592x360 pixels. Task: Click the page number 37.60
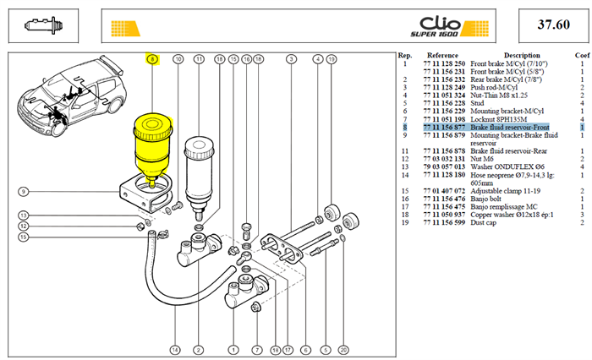coord(553,25)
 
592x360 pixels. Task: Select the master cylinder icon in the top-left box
coord(43,25)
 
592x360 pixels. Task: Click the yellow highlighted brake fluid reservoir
coord(152,150)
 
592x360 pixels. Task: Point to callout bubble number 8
coord(152,59)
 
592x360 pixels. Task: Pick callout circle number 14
coord(175,350)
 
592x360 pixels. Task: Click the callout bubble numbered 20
coord(343,350)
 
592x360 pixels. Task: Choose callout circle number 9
coord(24,192)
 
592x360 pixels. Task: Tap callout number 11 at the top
coord(199,59)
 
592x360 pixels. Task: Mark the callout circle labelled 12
coord(24,226)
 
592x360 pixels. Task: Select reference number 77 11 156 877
coord(444,127)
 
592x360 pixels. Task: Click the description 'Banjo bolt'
coord(485,199)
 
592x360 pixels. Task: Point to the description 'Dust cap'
coord(483,222)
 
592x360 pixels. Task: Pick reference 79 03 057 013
coord(444,166)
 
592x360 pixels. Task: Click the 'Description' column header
coord(522,55)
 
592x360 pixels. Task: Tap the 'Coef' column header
coord(582,55)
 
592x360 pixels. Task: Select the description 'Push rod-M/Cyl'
coord(494,88)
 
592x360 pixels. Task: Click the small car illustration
coord(72,96)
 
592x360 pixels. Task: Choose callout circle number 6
coord(306,350)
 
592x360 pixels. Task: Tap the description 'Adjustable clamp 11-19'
coord(505,191)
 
